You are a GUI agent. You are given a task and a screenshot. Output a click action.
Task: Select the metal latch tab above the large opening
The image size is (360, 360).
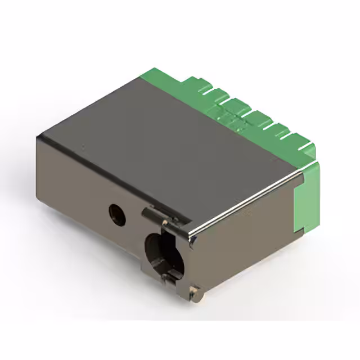click(x=153, y=214)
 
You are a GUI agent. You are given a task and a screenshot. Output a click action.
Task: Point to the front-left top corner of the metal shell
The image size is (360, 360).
click(x=38, y=137)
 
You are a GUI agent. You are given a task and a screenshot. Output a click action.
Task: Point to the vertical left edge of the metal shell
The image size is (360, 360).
click(x=38, y=169)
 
